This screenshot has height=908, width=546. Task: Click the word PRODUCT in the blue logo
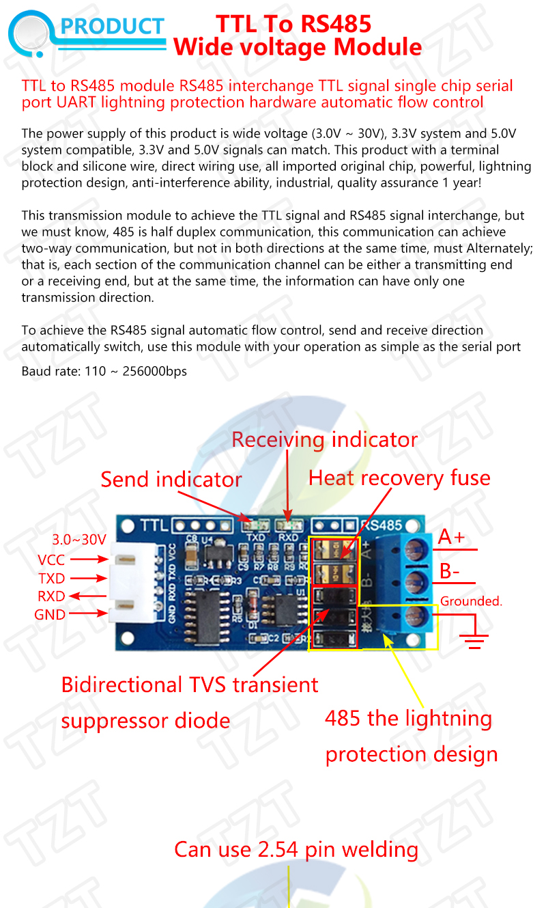coord(112,27)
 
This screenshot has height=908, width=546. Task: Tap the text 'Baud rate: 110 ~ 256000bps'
coord(104,371)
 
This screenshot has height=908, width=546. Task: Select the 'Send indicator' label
coord(171,480)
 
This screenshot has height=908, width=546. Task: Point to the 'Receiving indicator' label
coord(324,440)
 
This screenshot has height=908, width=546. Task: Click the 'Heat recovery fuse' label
coord(399,478)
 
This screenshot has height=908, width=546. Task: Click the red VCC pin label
coord(51,560)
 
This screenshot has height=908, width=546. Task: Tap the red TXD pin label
coord(51,579)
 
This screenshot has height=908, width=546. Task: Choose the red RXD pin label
coord(51,596)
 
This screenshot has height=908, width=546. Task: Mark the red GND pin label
coord(50,614)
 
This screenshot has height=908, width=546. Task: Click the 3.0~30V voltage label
coord(79,540)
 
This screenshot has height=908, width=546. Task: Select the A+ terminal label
coord(451,537)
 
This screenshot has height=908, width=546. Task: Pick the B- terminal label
coord(449,571)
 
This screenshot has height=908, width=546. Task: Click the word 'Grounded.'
coord(471,601)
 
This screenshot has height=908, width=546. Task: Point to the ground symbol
coord(474,638)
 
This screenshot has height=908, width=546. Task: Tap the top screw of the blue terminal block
coord(416,549)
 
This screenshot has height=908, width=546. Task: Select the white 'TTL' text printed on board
coord(154,526)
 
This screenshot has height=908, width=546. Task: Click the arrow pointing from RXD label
coord(88,596)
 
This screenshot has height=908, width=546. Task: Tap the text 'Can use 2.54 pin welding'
coord(296,849)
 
